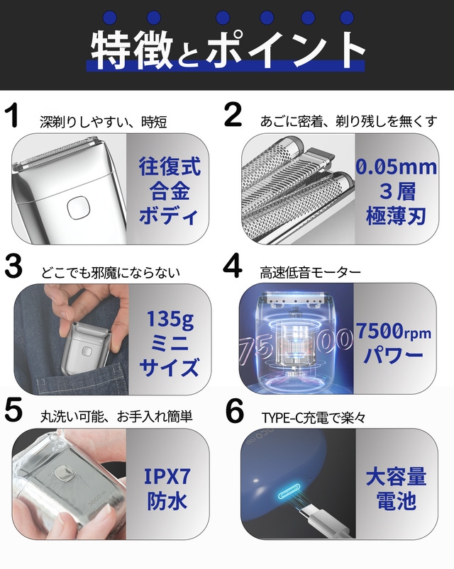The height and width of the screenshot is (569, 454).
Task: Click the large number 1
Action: tap(13, 115)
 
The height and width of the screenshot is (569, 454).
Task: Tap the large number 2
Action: tap(233, 114)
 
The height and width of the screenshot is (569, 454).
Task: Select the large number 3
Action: tap(13, 266)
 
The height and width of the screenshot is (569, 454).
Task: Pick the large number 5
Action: tap(13, 410)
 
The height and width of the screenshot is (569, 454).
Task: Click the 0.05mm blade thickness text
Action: tap(396, 167)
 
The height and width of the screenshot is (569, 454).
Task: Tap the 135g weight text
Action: tap(170, 320)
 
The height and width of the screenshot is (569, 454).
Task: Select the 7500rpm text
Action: tap(393, 331)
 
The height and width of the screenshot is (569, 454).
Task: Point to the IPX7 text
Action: tap(167, 476)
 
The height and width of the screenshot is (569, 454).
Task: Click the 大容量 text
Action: tap(396, 476)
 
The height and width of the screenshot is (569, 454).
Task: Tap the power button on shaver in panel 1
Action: tap(78, 208)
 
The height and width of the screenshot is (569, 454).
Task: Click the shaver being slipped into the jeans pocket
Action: tap(85, 350)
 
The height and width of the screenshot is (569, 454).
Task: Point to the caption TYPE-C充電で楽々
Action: tap(314, 418)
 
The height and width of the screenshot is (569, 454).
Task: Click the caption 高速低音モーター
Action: tap(310, 273)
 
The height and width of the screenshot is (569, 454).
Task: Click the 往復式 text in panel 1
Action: tap(170, 167)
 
